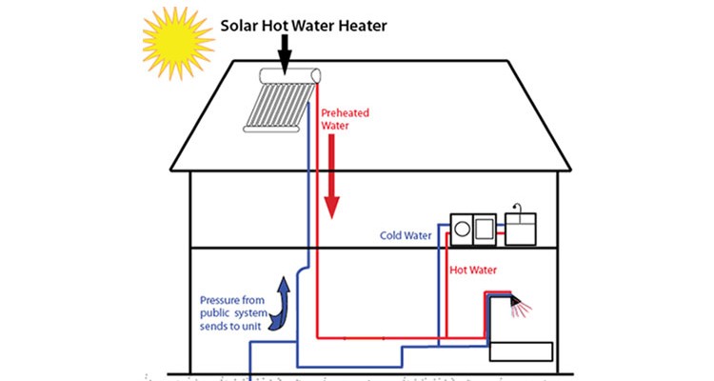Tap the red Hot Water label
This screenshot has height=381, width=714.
coord(475,269)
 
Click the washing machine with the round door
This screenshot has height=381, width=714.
coord(461,229)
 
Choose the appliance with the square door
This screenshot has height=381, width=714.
coord(483,229)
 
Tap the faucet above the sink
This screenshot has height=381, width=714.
coord(518,209)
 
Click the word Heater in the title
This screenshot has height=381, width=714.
coord(363,26)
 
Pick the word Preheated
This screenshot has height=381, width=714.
coord(344,111)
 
